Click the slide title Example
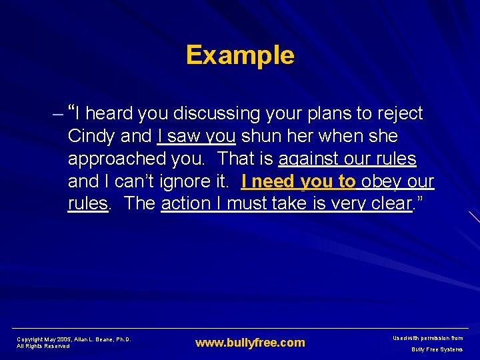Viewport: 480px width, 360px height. point(240,55)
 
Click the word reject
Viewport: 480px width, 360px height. point(397,114)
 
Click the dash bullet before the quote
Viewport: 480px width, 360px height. point(57,114)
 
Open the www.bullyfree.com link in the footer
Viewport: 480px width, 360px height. point(250,343)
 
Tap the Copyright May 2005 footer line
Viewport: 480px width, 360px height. point(73,339)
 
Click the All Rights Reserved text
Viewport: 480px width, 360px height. point(43,347)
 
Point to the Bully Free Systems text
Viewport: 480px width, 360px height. point(437,349)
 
